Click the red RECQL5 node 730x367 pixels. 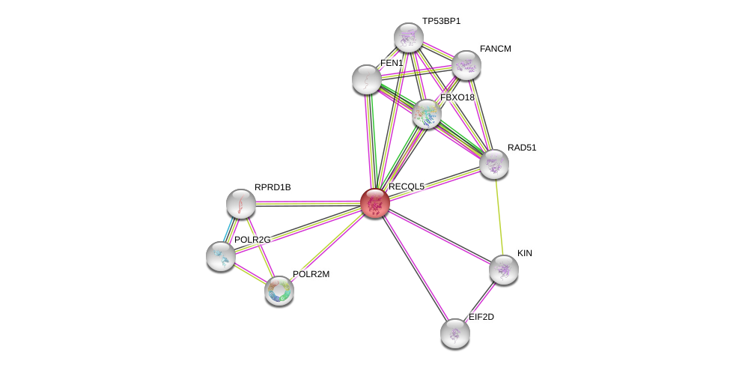point(374,202)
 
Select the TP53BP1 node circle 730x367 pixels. point(409,37)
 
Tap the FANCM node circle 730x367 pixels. point(466,65)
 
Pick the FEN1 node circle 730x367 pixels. point(367,79)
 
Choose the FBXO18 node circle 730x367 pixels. point(426,114)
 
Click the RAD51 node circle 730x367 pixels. point(494,164)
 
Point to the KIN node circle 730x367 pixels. point(504,270)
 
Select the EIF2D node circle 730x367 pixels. point(454,333)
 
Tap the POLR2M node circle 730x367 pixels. point(279,291)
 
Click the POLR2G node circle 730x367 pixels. point(221,256)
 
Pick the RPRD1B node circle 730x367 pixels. point(241,203)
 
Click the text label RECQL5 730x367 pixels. point(407,186)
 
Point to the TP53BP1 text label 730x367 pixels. point(441,21)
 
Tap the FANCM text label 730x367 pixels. point(495,49)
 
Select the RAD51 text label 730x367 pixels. point(522,148)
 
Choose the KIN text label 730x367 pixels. point(524,253)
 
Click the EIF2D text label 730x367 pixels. point(481,317)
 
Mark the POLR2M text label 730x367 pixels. point(311,274)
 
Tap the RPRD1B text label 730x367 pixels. point(273,187)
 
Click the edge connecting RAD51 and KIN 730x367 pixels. point(499,217)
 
